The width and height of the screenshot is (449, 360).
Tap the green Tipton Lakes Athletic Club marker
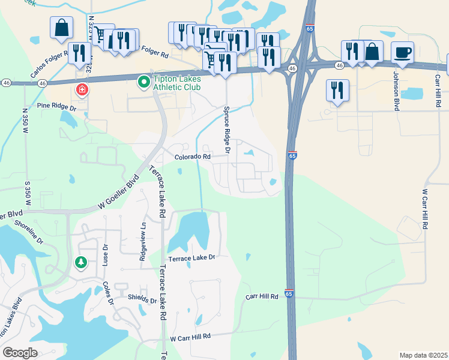143,81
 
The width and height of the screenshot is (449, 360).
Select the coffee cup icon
402,52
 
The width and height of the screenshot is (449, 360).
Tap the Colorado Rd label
193,157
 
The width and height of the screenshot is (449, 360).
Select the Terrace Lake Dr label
191,257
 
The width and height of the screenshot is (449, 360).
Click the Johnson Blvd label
396,91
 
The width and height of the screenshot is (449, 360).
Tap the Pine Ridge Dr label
57,106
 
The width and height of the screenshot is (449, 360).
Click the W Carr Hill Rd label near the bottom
191,338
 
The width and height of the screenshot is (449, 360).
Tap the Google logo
20,353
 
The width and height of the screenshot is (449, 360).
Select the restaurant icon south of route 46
337,90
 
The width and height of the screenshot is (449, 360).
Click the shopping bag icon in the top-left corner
61,27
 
